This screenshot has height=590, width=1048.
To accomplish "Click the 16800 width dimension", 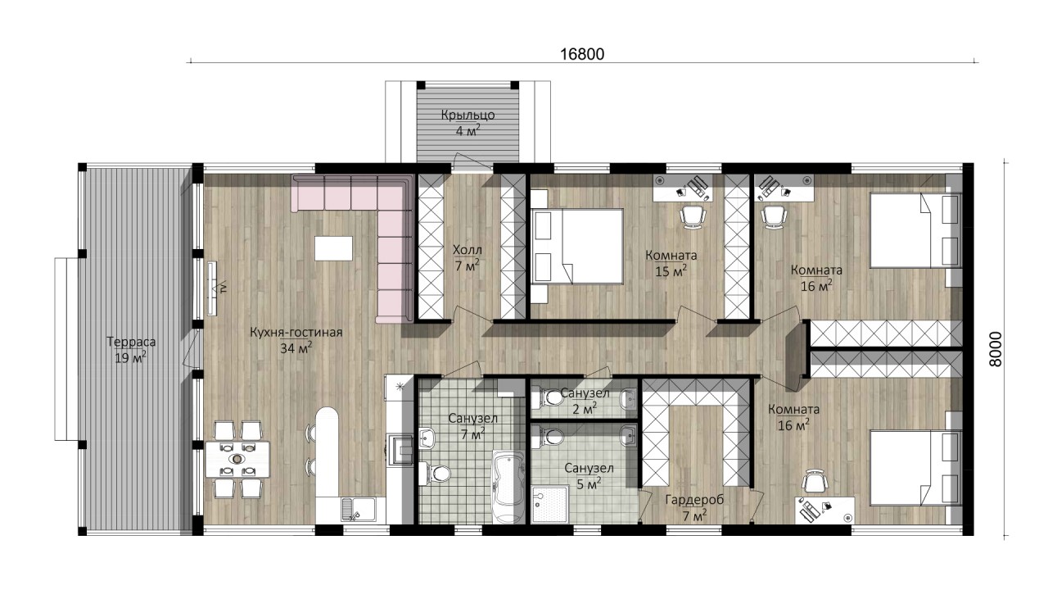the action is (582, 54).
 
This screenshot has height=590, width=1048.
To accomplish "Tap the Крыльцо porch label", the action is (468, 116).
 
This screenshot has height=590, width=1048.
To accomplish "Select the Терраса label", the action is (131, 342).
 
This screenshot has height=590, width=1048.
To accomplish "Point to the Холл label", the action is (467, 250).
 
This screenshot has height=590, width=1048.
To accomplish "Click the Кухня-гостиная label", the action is (296, 333).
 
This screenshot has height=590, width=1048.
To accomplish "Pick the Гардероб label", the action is (694, 500).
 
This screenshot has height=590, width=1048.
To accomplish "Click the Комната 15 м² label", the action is (671, 263).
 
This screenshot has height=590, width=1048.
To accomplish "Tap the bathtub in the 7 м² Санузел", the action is (508, 487).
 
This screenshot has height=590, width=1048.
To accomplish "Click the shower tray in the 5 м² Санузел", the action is (551, 504).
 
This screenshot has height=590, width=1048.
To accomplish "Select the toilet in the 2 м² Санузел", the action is (549, 398).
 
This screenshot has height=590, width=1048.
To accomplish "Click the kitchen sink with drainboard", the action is (359, 509).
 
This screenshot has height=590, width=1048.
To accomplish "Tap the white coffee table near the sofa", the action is (333, 248).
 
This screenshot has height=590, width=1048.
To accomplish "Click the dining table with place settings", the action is (237, 459).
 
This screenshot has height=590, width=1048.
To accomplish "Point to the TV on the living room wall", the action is (213, 288).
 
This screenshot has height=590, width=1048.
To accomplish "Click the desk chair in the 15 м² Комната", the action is (693, 217).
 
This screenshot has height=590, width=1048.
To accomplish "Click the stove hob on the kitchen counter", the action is (400, 447).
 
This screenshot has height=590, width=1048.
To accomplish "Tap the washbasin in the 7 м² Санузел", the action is (427, 438).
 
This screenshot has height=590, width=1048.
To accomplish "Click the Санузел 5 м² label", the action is (589, 475).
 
